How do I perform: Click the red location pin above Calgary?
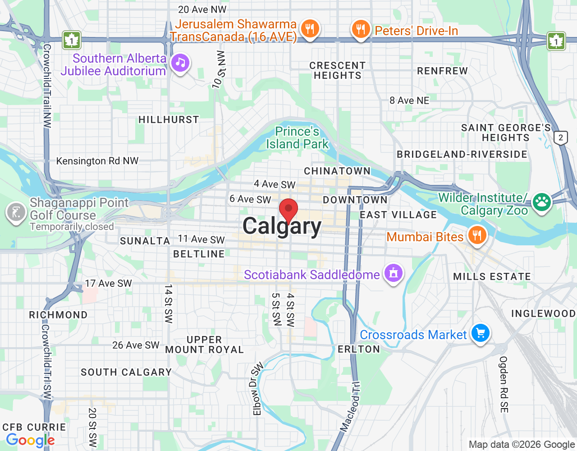coord(288,210)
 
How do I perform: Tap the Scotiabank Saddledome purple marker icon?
coord(394,273)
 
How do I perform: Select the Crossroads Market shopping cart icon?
coord(481,333)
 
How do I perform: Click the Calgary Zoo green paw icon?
coord(542,202)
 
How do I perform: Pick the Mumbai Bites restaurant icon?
coord(477,235)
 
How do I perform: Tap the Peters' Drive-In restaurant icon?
coord(360,30)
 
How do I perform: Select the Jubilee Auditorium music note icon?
coord(181,63)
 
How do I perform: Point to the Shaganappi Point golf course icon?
coord(16,212)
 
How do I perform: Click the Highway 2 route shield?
coord(561,138)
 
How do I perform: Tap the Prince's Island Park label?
coord(298,138)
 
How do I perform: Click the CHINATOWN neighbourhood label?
coord(337,171)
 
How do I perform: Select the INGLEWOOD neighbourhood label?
coord(543,313)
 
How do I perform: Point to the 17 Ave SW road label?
coord(109,283)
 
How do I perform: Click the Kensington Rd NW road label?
coord(97,161)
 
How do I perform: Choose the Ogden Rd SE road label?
coord(504,384)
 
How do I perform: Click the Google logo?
coord(30,440)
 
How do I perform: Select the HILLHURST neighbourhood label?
coord(169,120)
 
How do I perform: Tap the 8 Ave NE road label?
coord(409,101)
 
